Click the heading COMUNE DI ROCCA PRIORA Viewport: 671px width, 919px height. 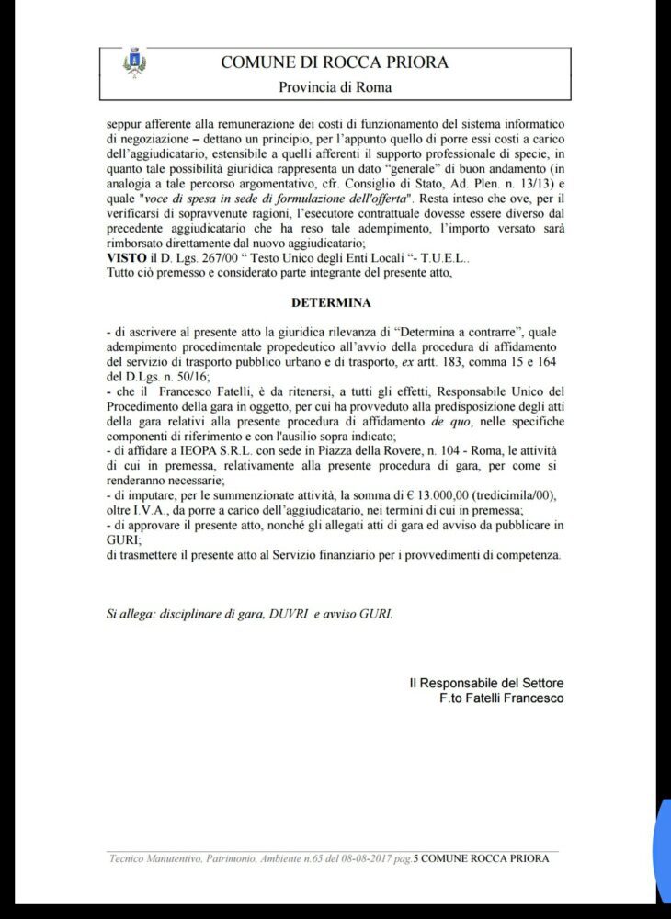tap(335, 62)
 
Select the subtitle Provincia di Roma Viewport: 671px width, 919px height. tap(335, 87)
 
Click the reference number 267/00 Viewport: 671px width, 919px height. tap(208, 258)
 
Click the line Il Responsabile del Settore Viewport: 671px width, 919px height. tap(486, 683)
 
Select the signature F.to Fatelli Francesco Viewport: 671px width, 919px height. tap(501, 698)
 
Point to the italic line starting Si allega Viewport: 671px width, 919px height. tap(249, 613)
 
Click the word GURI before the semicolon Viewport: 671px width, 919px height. tap(120, 539)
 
